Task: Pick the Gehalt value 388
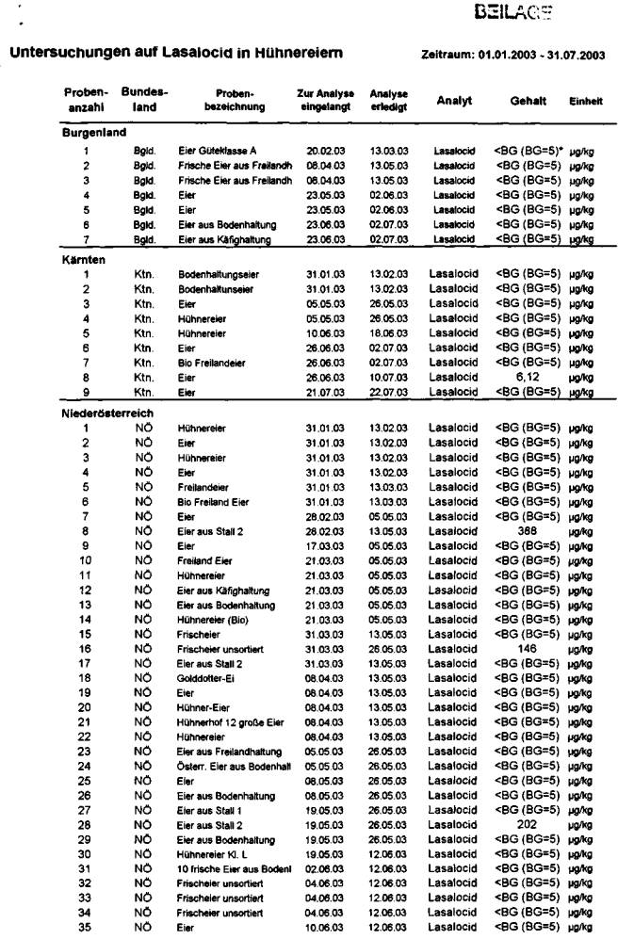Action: pyautogui.click(x=528, y=530)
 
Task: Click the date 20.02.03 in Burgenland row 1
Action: pyautogui.click(x=325, y=151)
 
